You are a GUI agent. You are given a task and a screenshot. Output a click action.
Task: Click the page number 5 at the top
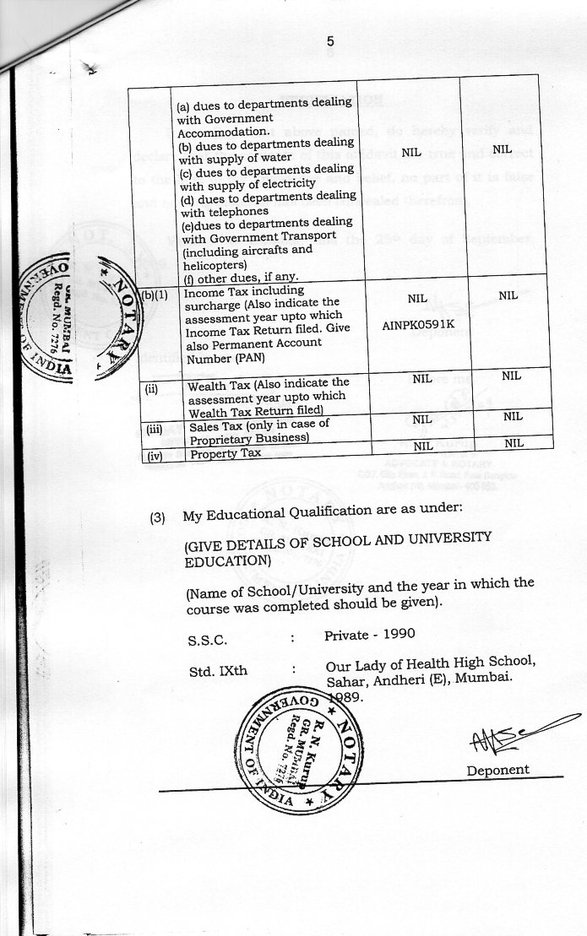click(330, 41)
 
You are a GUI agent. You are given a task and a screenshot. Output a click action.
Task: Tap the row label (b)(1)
click(155, 295)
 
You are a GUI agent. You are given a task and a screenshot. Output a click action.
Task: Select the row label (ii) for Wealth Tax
click(153, 389)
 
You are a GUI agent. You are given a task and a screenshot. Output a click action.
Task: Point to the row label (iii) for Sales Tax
click(154, 429)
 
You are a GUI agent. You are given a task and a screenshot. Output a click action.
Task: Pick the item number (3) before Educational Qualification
click(157, 517)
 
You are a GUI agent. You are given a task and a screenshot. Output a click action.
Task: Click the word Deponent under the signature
click(497, 769)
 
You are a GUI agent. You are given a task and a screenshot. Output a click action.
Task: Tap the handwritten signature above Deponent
click(507, 736)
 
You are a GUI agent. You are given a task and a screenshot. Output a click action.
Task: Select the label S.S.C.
click(207, 640)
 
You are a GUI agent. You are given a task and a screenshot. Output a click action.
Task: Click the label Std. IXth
click(213, 672)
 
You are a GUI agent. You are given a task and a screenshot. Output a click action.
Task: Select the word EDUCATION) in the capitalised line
click(228, 560)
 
